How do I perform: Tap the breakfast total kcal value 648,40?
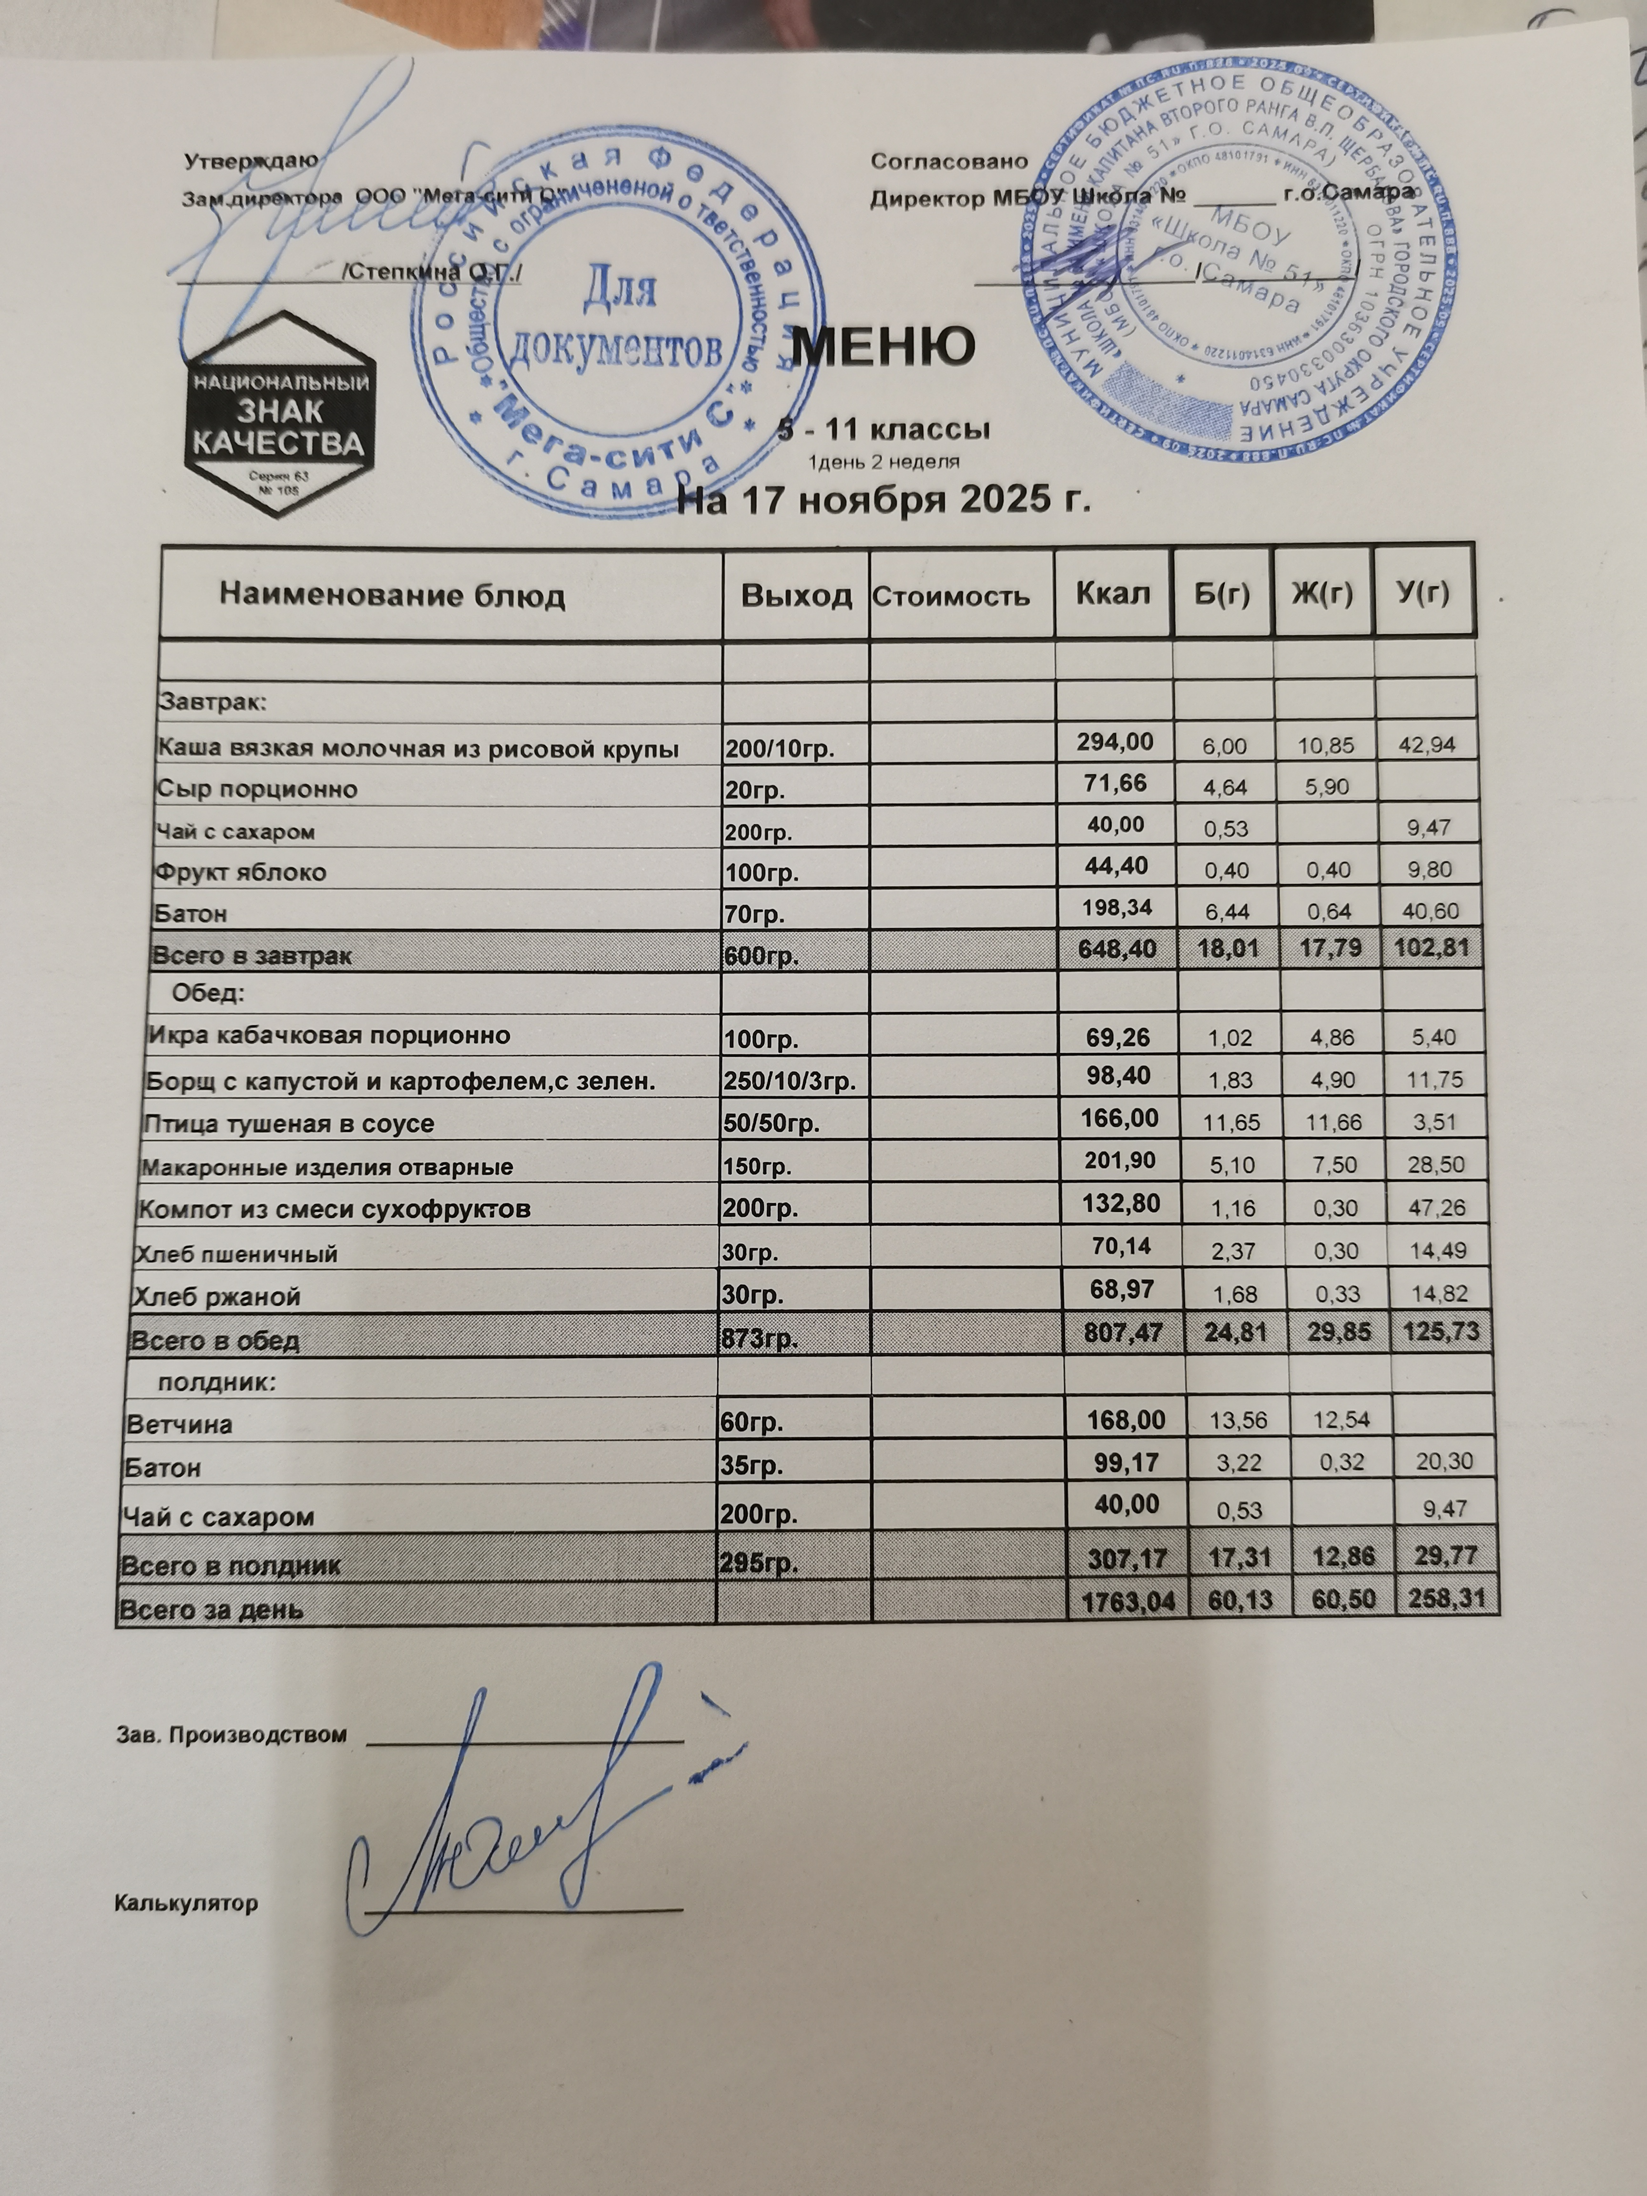coord(1116,949)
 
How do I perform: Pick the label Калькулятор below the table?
coord(187,1903)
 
